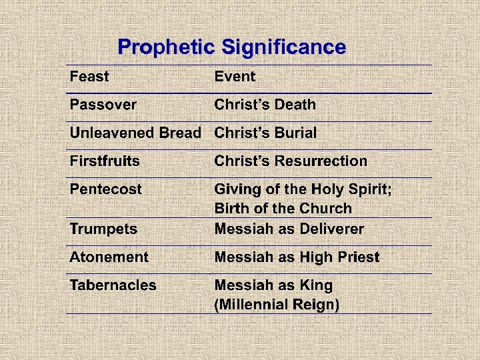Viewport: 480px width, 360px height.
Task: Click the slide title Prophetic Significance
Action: tap(231, 47)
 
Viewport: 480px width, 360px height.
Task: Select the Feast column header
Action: tap(89, 77)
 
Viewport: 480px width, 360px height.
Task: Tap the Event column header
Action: tap(235, 77)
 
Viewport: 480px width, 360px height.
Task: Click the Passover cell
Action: tap(103, 105)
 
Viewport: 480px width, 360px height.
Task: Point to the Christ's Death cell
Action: tap(265, 105)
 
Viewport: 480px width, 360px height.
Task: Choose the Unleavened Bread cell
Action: tap(135, 133)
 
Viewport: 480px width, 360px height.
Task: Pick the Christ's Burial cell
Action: tap(265, 133)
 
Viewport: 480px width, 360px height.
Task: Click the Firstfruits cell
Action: tap(105, 161)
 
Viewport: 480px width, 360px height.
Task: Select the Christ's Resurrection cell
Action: tap(291, 161)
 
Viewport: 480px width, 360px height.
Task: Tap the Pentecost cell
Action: tap(106, 189)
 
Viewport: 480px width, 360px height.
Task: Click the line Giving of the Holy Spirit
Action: tap(303, 189)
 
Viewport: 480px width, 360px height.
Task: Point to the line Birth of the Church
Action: tap(283, 208)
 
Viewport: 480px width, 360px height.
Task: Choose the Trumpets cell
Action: tap(104, 229)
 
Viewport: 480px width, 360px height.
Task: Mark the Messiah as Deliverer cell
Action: tap(289, 229)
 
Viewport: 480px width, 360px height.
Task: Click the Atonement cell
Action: tap(109, 257)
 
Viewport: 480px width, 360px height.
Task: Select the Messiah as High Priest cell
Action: tap(297, 257)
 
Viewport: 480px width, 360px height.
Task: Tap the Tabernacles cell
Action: tap(113, 285)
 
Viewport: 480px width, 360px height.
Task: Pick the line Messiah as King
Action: tap(273, 285)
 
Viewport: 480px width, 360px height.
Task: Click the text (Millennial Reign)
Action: tap(277, 305)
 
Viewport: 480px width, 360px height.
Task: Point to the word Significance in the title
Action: tap(284, 47)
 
